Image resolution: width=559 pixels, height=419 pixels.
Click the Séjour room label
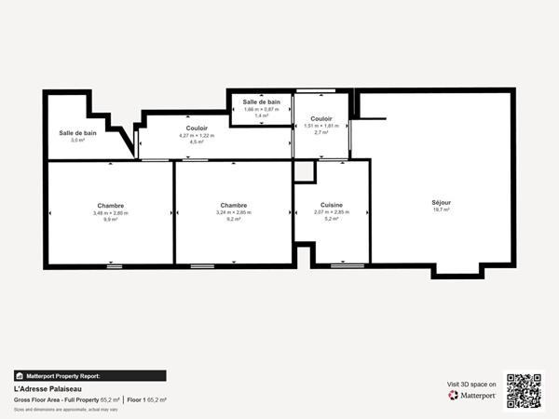[441, 202]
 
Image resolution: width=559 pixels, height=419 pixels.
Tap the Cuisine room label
[331, 205]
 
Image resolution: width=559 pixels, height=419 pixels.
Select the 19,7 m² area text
[441, 210]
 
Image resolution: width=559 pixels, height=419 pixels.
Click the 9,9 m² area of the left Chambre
[110, 220]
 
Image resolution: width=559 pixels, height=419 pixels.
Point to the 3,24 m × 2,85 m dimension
[234, 212]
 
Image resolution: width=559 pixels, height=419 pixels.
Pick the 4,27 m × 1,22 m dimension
[197, 135]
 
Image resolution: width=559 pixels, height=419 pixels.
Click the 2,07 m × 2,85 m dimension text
[331, 212]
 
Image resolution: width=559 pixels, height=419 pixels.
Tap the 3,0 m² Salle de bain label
[78, 141]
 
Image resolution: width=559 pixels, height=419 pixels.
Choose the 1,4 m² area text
[261, 115]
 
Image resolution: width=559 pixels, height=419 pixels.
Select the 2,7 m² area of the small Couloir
[321, 132]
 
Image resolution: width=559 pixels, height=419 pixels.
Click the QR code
[524, 391]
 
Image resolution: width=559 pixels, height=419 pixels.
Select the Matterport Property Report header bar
[89, 376]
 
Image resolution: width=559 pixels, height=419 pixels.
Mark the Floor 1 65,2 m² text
[146, 399]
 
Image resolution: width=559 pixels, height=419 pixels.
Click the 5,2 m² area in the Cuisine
[331, 220]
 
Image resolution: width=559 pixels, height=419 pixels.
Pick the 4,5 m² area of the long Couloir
[197, 142]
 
